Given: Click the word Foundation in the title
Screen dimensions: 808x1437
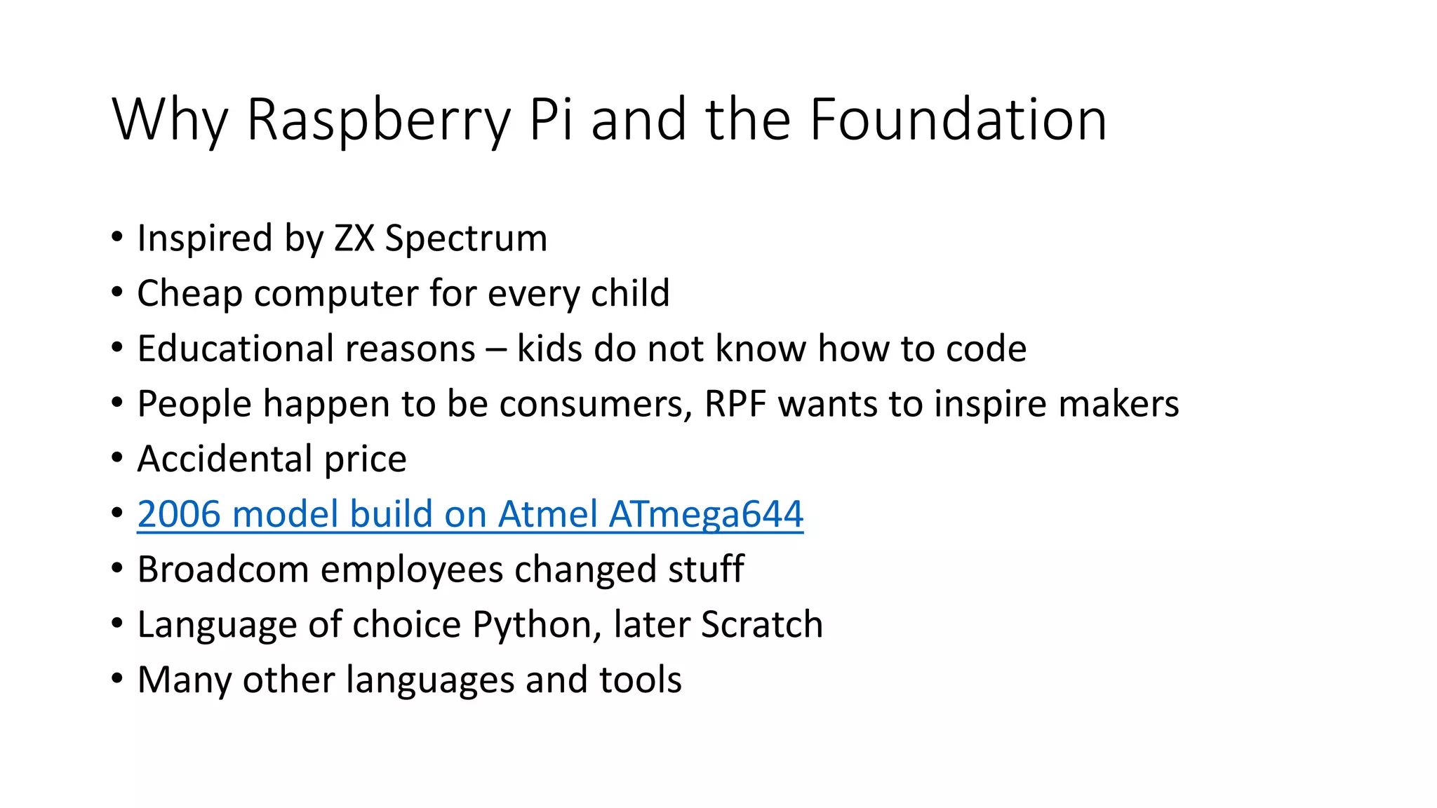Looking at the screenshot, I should coord(958,120).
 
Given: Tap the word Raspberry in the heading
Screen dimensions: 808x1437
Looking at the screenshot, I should coord(378,120).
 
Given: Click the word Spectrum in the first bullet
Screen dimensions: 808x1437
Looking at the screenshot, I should coord(466,239).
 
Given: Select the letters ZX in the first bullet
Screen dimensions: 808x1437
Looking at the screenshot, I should coord(354,238).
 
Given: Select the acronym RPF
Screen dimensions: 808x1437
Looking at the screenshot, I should coord(735,404).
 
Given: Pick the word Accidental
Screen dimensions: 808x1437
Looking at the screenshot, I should coord(224,459).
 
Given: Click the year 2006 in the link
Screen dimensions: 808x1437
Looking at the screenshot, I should coord(179,514).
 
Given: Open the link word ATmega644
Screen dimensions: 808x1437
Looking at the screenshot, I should coord(706,514).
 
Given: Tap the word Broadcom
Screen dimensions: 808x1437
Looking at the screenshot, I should coord(223,569).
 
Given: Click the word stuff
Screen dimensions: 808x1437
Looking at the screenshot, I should coord(706,569).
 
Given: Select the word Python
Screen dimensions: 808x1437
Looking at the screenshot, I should coord(533,625).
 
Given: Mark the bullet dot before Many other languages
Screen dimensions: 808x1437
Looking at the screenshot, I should coord(117,678).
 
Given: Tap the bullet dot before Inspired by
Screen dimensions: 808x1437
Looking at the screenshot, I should coord(117,237).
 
